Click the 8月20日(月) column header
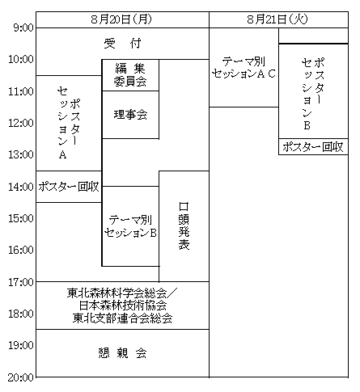(121, 19)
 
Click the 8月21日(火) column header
(277, 19)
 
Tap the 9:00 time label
(23, 27)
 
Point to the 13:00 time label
(21, 155)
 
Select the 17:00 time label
(21, 282)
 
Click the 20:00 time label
(21, 377)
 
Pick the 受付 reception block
(122, 44)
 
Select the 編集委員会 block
(130, 75)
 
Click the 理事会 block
(130, 115)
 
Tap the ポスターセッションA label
(69, 123)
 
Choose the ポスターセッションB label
(313, 94)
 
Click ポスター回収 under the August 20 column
(69, 187)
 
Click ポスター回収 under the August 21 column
(313, 147)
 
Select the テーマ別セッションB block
(130, 226)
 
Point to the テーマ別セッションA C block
(244, 67)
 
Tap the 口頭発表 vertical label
(184, 226)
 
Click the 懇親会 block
(122, 353)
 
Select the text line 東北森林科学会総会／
(122, 293)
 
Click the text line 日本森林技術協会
(123, 306)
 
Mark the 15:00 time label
(21, 218)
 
